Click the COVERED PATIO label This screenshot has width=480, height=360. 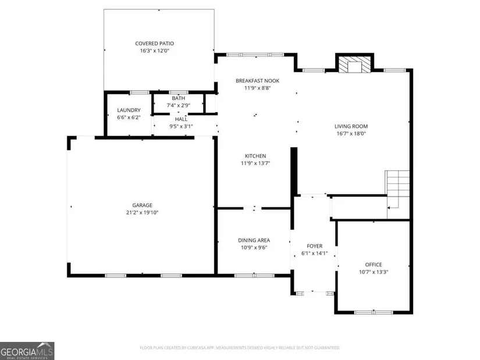155,44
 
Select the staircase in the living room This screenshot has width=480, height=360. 397,194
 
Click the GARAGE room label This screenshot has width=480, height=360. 143,205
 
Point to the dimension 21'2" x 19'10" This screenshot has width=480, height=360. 143,212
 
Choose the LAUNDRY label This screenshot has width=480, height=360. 129,110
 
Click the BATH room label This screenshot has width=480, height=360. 179,98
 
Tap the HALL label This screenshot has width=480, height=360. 181,119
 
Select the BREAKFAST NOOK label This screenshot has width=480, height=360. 257,81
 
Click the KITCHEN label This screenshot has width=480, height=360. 255,156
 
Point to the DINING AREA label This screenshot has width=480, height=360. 254,240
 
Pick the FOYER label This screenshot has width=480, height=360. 315,246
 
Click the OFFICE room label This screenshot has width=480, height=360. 374,265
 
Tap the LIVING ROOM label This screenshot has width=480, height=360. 351,126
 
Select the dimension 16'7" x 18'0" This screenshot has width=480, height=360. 351,133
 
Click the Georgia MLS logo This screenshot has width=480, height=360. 27,351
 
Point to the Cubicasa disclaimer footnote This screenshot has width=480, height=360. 240,348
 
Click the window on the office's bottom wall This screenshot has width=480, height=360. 374,312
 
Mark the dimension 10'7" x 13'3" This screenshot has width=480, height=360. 374,272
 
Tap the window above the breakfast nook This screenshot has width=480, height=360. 255,55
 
